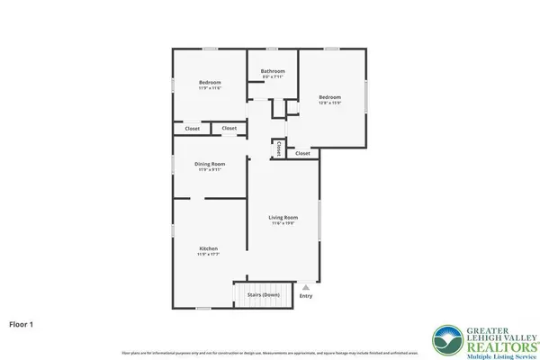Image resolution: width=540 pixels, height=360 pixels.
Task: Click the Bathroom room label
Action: pos(273,71)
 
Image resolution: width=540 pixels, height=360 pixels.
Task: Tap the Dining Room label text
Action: pos(210,164)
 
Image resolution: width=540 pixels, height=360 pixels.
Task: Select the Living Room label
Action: pos(283,217)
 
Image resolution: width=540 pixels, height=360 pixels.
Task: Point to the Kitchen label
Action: pos(209,248)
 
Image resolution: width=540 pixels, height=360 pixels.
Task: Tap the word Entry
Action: pos(306,296)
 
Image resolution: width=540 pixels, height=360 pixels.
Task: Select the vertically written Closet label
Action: pos(279,148)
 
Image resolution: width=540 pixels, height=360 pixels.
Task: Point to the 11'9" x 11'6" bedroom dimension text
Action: pos(210,89)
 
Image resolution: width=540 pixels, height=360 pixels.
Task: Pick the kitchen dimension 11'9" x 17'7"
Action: pos(209,256)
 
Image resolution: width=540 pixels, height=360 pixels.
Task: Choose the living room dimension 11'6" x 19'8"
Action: pos(283,224)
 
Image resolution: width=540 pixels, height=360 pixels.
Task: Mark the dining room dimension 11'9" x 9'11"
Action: pos(210,170)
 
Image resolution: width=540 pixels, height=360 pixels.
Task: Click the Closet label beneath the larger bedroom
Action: pos(302,154)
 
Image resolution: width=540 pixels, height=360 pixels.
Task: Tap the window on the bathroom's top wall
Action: pos(273,49)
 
